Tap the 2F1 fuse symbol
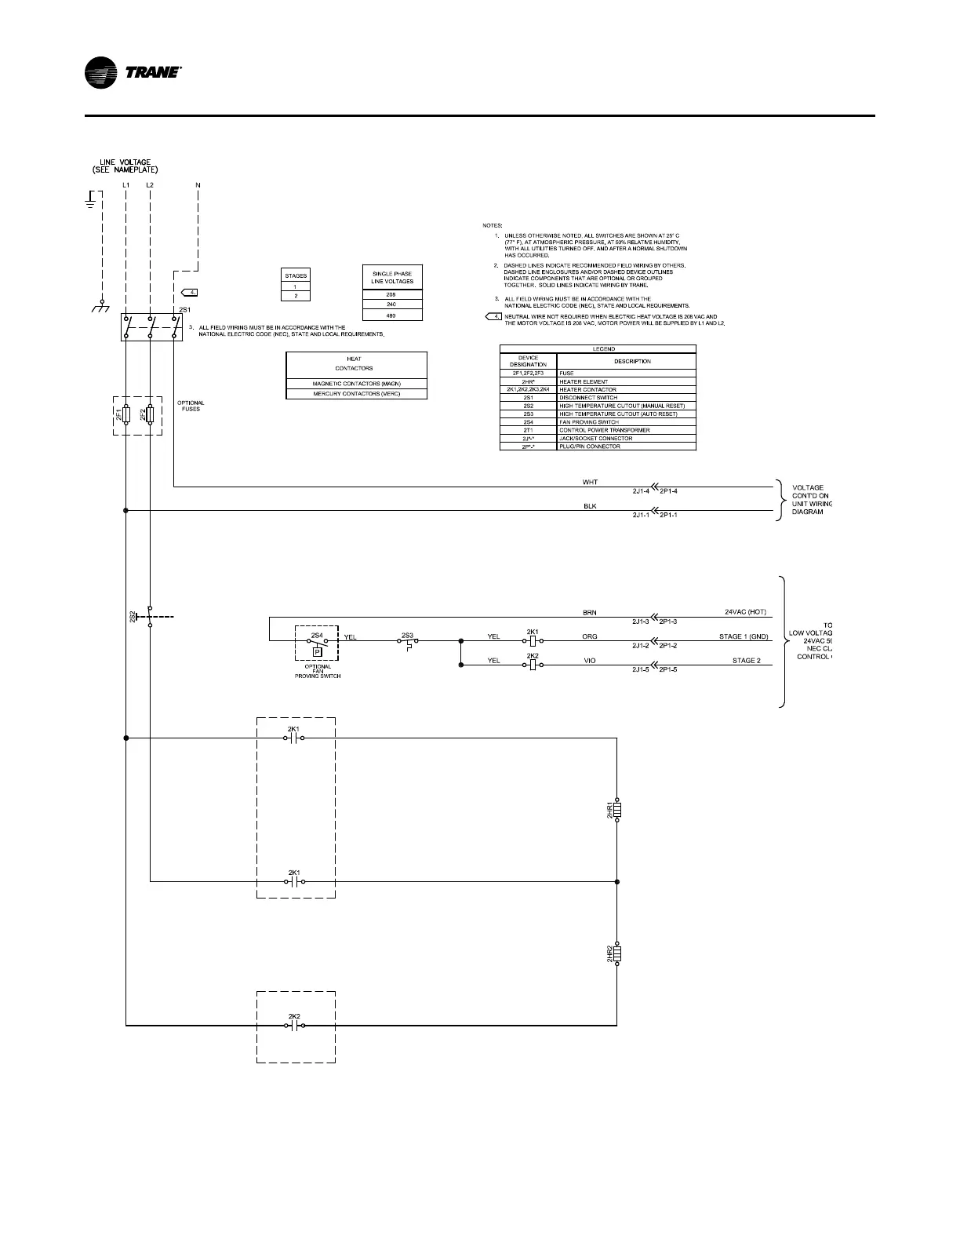[x=126, y=415]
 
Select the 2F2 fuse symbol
[x=151, y=415]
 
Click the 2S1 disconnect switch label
[x=184, y=310]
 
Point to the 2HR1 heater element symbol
[x=617, y=811]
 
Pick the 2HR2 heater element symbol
[x=617, y=953]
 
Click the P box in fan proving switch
[x=317, y=651]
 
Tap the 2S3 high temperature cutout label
[x=407, y=634]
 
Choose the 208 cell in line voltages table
[x=392, y=294]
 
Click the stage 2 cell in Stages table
[x=296, y=296]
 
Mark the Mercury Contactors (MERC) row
[x=357, y=393]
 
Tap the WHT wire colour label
[x=591, y=483]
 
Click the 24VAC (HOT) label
[x=745, y=612]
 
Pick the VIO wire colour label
[x=590, y=661]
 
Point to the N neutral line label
[x=198, y=185]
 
